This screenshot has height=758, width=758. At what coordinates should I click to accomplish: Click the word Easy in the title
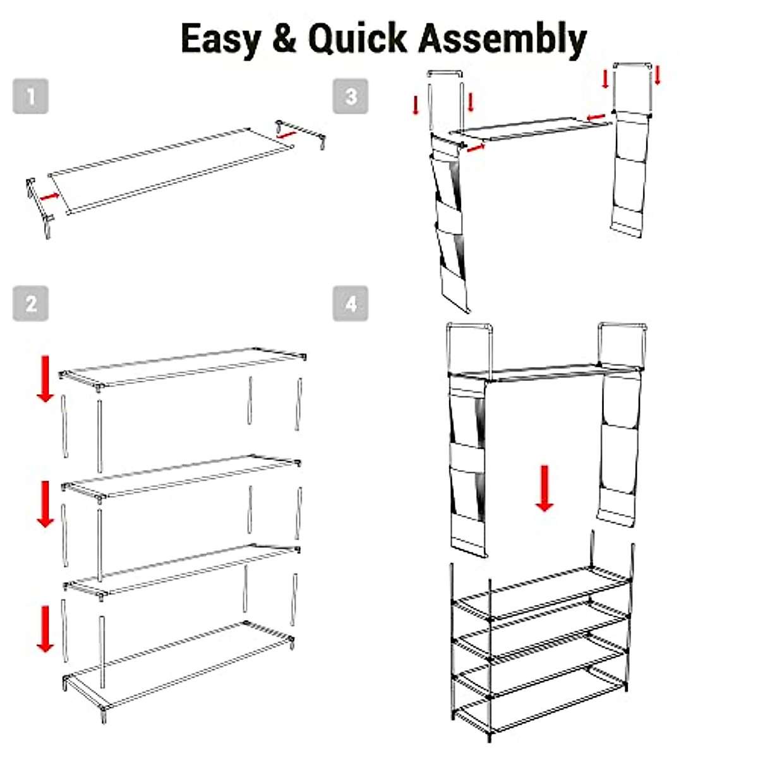pos(220,39)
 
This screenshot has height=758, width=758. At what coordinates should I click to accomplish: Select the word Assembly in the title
pos(503,39)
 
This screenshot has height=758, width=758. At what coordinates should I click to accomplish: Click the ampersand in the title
pos(284,39)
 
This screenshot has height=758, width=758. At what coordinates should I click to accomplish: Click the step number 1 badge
pos(30,97)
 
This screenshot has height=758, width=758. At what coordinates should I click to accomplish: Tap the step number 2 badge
pos(30,304)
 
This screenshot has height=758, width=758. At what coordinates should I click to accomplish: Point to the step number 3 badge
pos(351,97)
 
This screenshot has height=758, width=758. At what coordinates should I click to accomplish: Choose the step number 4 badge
pos(351,304)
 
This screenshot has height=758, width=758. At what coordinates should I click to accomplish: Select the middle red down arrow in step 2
pos(45,503)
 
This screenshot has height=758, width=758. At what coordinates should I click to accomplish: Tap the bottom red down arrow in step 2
pos(45,629)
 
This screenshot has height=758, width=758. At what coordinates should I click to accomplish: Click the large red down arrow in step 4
pos(544,488)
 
